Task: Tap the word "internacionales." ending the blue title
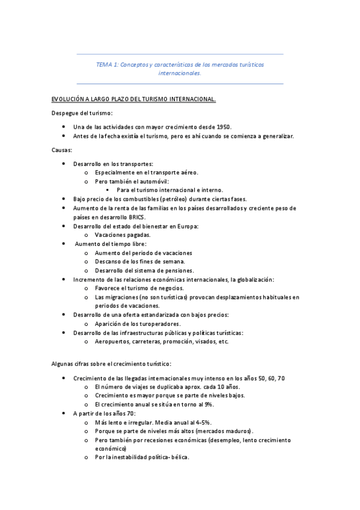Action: click(180, 73)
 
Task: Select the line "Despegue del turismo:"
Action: click(82, 113)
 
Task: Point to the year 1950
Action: click(224, 127)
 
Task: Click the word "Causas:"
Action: click(62, 150)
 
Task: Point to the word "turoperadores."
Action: click(146, 324)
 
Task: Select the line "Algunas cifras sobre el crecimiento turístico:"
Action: click(111, 363)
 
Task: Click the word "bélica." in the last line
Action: click(178, 457)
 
